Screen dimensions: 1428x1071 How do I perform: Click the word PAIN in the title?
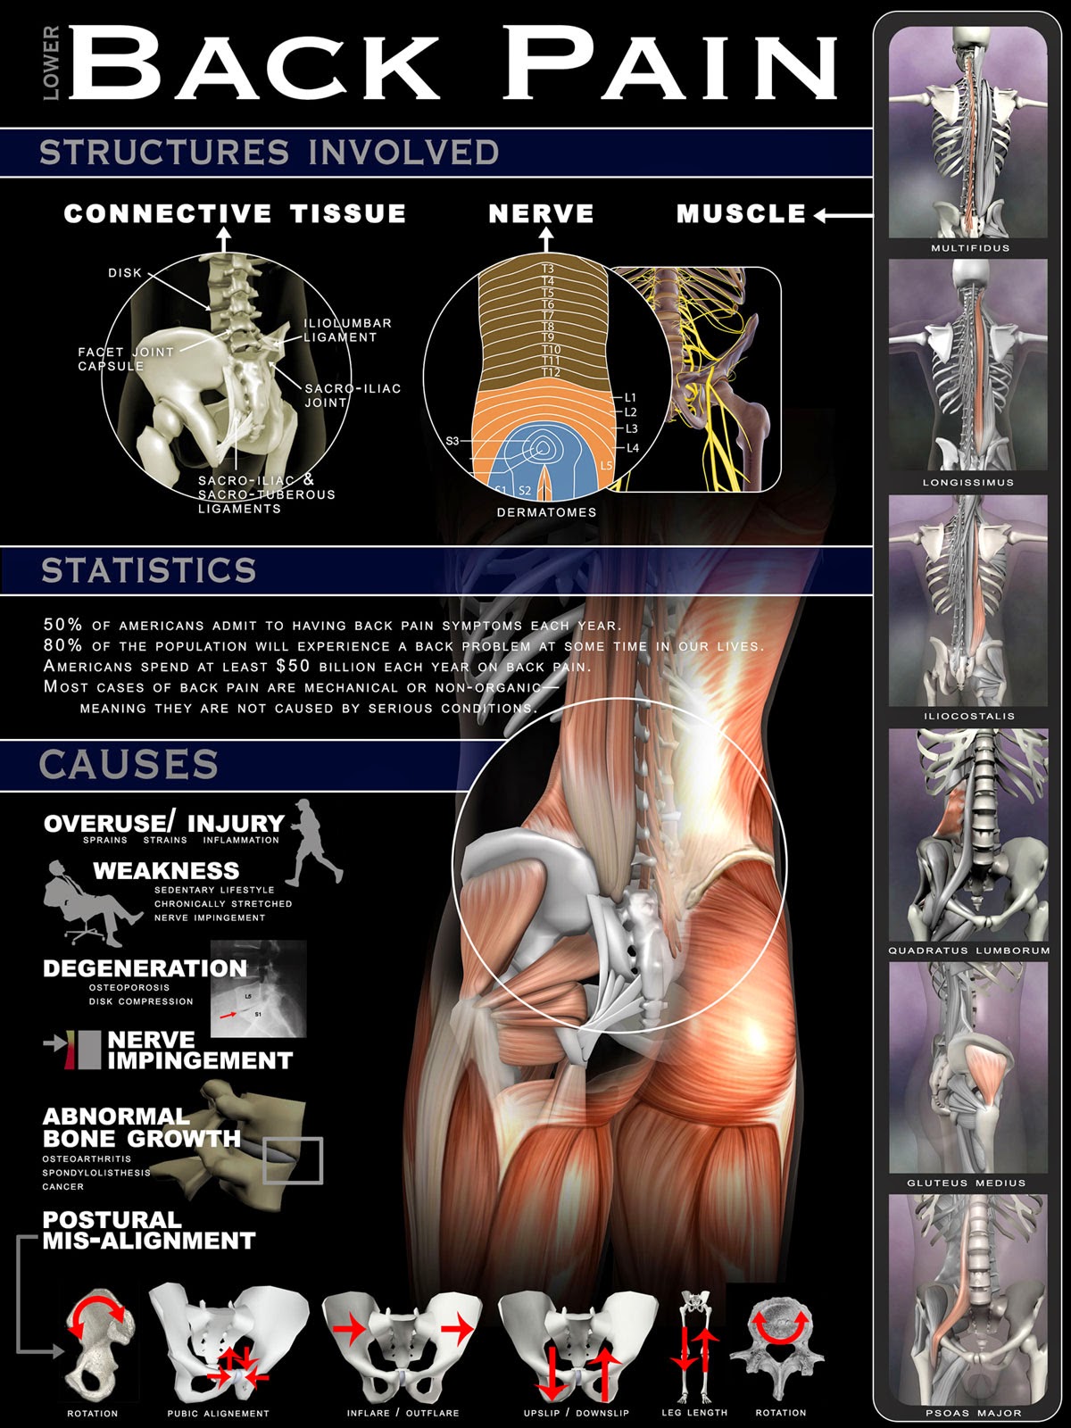(669, 64)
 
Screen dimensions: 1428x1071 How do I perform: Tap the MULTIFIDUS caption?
(970, 248)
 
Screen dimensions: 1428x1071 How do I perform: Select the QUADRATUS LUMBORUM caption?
(969, 951)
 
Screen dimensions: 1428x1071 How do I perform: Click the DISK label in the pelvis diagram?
(125, 273)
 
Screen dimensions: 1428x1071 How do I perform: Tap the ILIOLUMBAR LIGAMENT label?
(347, 330)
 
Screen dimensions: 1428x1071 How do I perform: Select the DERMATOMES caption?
(546, 512)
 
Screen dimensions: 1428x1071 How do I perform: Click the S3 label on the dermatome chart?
(452, 441)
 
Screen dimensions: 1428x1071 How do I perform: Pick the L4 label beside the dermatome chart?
(633, 448)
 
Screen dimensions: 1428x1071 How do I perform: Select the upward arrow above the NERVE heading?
(546, 238)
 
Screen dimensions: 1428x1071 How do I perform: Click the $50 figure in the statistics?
(293, 666)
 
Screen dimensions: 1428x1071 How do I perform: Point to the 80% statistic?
(62, 645)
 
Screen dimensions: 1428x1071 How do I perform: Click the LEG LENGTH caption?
(694, 1413)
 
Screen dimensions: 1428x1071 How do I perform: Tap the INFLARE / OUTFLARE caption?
(403, 1413)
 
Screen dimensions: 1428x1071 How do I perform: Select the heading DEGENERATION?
(145, 968)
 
